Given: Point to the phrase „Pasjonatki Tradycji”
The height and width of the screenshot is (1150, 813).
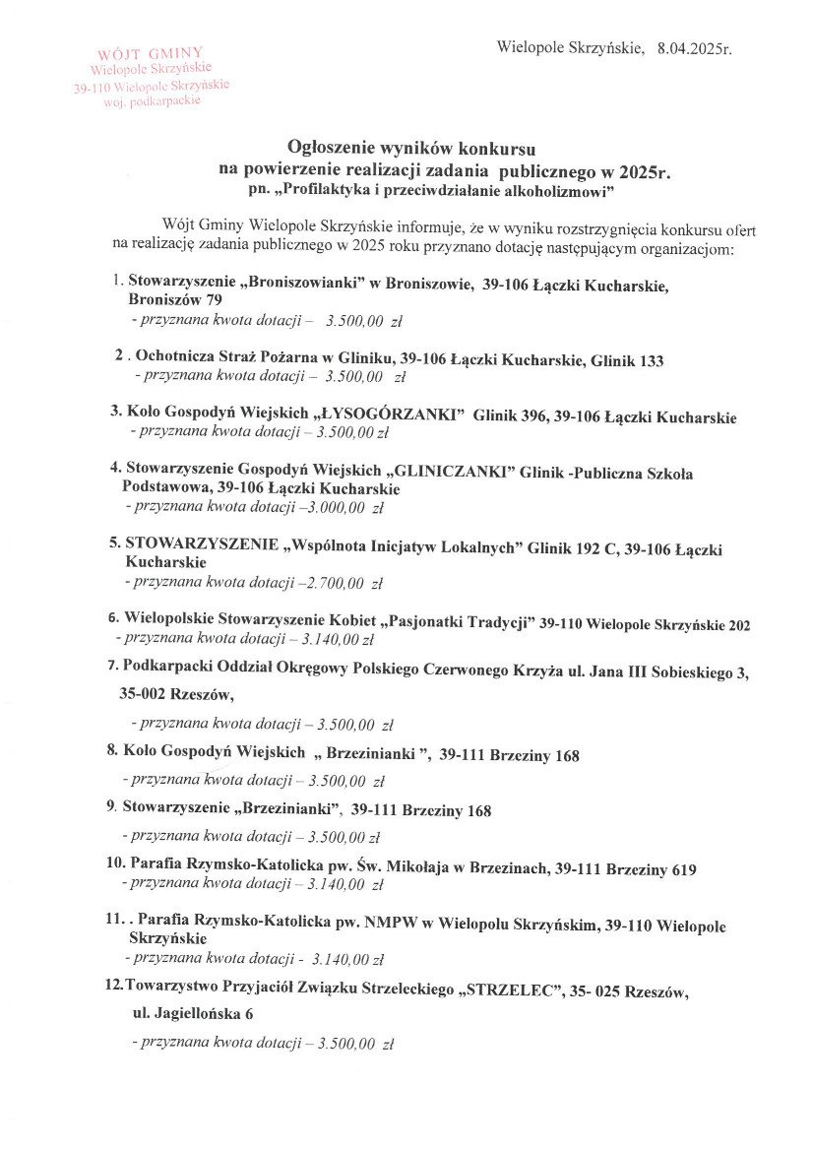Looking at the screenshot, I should click(x=458, y=622).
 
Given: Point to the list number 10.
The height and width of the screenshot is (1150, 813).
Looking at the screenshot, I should click(x=114, y=864).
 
